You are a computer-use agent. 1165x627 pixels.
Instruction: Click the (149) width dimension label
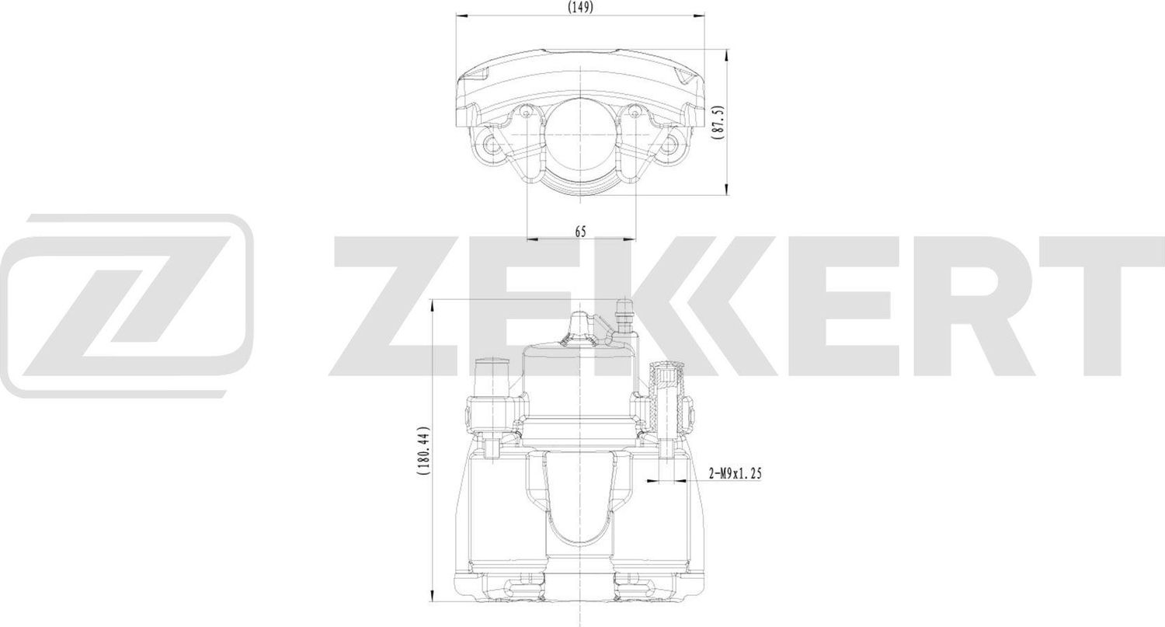[580, 7]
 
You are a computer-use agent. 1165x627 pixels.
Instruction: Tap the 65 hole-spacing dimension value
[580, 231]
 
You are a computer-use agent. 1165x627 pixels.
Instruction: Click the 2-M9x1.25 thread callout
[734, 473]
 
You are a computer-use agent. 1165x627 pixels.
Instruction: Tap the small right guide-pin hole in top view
[634, 114]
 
